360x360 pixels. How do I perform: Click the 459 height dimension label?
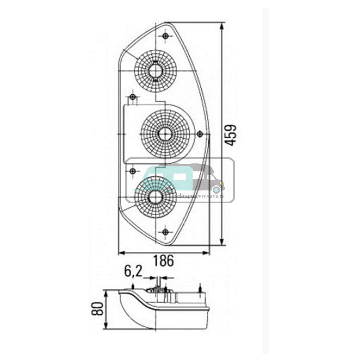[231, 135]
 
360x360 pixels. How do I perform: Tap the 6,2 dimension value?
[133, 272]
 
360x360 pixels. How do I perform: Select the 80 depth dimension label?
[98, 309]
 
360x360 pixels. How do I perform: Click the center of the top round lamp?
[156, 69]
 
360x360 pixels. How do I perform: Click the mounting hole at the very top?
[165, 36]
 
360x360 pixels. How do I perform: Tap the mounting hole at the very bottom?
[165, 232]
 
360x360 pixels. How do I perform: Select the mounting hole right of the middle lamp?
[200, 134]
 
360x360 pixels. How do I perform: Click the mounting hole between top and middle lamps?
[133, 97]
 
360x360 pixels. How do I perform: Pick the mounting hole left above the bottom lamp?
[133, 171]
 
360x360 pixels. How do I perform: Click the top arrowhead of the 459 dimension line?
[222, 26]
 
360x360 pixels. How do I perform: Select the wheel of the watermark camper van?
[216, 189]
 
